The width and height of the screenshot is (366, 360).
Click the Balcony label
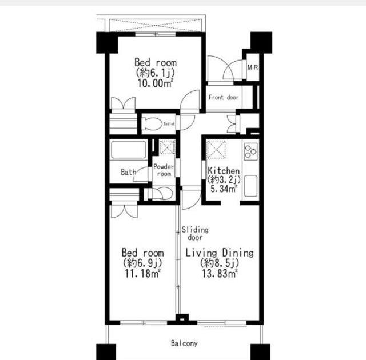point(184,343)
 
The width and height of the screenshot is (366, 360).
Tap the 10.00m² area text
point(155,83)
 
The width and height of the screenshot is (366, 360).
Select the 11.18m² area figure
point(142,274)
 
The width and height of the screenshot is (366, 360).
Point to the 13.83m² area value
point(220,274)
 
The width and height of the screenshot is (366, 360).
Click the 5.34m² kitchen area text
point(224,189)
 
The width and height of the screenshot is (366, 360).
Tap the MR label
point(253,67)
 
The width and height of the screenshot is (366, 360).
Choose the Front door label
point(224,97)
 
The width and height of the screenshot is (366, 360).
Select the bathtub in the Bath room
point(129,150)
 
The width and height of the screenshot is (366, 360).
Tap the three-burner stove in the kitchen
point(250,151)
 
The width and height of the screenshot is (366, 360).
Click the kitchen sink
point(250,186)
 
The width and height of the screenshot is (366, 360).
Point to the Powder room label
point(164,170)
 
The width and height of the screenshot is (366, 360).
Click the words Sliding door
point(195,234)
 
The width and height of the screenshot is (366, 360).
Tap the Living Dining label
point(220,253)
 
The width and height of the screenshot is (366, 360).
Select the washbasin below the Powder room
point(162,193)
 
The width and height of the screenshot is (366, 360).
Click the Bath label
point(129,172)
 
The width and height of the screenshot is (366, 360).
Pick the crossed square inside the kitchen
point(216,150)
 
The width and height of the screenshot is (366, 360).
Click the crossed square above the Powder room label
point(168,147)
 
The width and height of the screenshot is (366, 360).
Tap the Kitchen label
point(224,171)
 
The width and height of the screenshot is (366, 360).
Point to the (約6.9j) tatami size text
point(142,263)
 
